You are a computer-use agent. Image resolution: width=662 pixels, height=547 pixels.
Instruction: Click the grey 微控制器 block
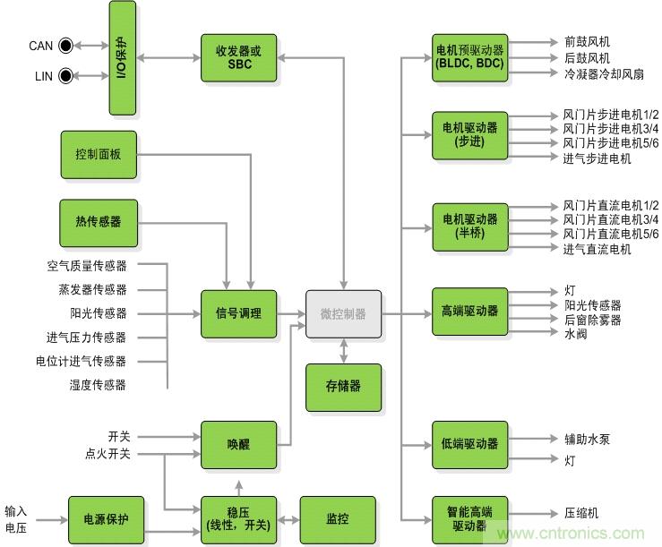coord(343,314)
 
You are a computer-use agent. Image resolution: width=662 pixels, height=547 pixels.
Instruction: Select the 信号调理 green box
coord(239,314)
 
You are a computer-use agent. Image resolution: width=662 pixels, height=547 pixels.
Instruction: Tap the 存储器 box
coord(343,387)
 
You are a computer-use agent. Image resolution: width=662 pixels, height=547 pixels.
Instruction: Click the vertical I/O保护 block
coord(123,58)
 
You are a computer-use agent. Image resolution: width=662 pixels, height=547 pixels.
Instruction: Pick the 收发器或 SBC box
coord(239,58)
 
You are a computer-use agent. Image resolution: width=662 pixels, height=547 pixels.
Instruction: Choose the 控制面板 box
coord(99,154)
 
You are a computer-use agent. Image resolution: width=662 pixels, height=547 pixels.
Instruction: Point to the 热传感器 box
coord(99,222)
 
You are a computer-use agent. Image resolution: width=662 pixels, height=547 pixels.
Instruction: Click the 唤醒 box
coord(239,445)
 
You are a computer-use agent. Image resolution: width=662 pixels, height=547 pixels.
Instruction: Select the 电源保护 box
coord(107,517)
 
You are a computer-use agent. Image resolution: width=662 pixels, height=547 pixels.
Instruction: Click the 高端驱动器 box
coord(469,312)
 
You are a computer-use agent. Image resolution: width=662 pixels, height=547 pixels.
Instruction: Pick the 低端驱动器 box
coord(469,444)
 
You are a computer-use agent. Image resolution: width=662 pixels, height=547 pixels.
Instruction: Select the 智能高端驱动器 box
coord(469,518)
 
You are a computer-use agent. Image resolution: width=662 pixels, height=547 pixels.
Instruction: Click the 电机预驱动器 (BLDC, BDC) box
coord(469,58)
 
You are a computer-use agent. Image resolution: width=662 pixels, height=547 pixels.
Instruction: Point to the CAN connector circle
coord(65,46)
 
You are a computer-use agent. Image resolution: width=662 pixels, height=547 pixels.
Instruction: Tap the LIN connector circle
coord(65,76)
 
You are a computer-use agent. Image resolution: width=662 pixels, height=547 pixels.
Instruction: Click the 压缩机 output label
coord(581,514)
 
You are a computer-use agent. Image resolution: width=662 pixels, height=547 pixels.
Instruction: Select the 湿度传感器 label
coord(98,385)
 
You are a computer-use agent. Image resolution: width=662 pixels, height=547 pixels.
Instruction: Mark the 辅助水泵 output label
coord(587,440)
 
